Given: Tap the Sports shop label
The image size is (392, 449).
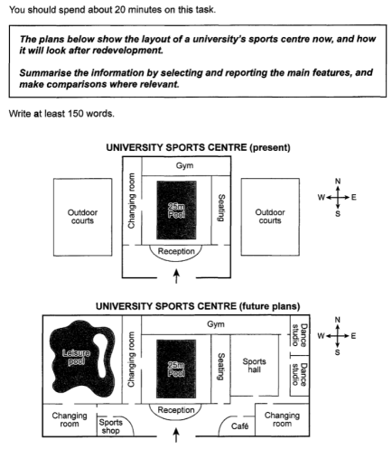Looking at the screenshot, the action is tap(111, 426).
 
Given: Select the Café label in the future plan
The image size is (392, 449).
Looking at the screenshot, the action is tap(240, 426).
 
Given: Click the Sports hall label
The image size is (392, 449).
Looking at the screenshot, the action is tap(255, 365).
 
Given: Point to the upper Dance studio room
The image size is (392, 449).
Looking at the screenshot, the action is tap(300, 335).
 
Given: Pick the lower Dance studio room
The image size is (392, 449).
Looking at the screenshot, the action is tap(300, 376).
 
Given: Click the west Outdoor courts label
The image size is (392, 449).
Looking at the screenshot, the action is tap(82, 217).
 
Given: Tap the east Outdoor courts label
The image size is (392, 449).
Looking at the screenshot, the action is tap(270, 216).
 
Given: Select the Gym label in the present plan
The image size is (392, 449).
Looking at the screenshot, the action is tap(184, 165).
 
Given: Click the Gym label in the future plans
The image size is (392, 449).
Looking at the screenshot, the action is tap(216, 324).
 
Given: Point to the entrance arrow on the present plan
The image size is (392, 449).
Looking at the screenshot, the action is tap(176, 276).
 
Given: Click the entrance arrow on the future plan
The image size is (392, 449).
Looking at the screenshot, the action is tap(176, 435).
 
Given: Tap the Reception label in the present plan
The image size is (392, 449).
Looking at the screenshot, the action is tap(176, 251).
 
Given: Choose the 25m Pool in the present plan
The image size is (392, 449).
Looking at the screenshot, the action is tap(176, 210).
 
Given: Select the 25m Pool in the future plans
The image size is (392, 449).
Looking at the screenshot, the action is tap(176, 369).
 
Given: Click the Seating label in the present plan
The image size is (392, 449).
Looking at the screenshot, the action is tap(221, 208).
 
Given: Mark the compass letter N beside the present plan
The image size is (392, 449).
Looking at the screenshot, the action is tap(338, 182).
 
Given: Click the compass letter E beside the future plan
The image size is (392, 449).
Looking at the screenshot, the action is tap(353, 336).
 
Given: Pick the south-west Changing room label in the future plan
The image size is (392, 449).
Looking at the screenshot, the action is tap(70, 420).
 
